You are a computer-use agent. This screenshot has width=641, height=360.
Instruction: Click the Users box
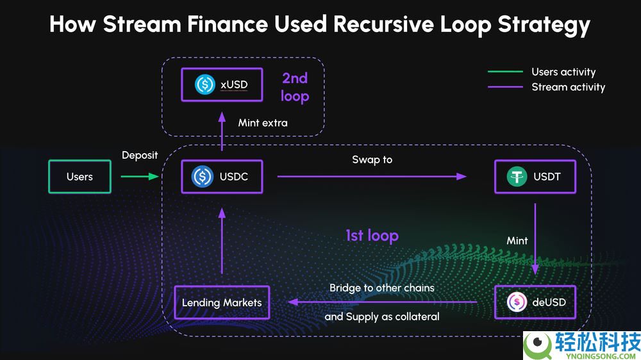(x=79, y=177)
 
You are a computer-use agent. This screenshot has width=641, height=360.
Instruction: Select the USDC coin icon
(x=203, y=176)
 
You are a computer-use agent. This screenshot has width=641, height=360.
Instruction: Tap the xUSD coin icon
(x=204, y=84)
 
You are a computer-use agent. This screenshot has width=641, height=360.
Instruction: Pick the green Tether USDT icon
(x=517, y=176)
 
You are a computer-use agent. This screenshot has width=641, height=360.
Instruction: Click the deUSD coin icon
(x=517, y=302)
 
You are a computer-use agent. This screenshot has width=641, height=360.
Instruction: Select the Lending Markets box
(x=222, y=302)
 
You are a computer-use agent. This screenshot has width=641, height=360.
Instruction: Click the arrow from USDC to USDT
(x=372, y=176)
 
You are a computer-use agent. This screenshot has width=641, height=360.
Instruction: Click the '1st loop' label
(x=372, y=236)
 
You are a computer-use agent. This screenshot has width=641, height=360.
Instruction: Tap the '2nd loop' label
(x=295, y=87)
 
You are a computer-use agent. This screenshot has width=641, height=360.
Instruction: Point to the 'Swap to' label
(x=372, y=159)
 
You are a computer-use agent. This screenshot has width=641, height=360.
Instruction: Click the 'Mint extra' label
(x=263, y=122)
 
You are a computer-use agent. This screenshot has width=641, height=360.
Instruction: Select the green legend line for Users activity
(x=505, y=72)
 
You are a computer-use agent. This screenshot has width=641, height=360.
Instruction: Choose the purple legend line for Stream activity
(x=505, y=87)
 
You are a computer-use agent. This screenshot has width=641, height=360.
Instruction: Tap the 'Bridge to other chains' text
(x=382, y=288)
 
